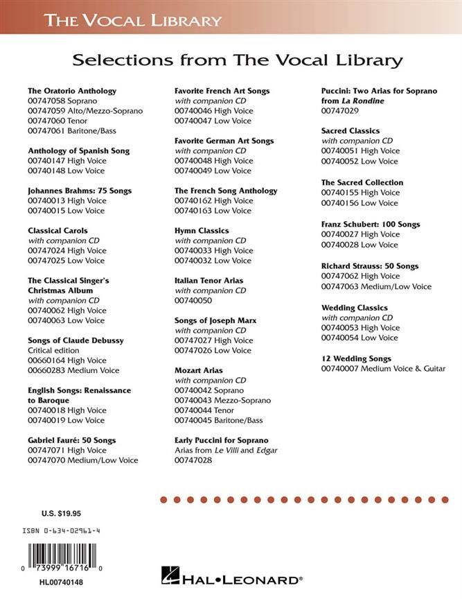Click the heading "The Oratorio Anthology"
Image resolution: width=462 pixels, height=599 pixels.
click(72, 91)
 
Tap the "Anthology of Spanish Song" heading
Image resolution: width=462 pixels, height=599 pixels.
click(78, 150)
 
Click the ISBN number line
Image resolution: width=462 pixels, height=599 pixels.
click(60, 531)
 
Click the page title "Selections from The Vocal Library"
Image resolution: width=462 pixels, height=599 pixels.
click(238, 60)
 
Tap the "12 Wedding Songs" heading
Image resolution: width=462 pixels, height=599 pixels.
click(356, 358)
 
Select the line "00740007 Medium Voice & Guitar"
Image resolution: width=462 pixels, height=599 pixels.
click(383, 369)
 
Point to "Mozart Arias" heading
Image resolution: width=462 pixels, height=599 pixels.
click(199, 371)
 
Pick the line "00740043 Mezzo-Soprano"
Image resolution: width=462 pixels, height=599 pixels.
click(222, 401)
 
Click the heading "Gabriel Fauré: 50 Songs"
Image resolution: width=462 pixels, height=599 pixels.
click(71, 440)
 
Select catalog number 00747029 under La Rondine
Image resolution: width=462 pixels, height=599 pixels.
click(340, 111)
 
